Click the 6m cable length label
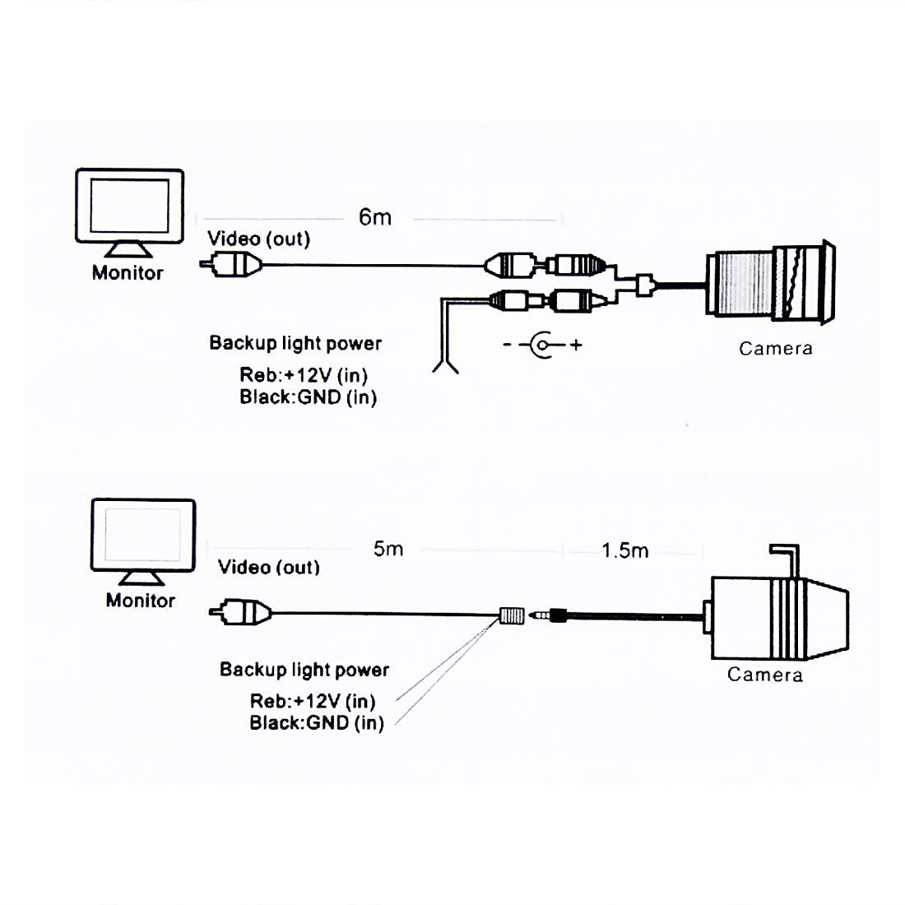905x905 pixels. [374, 217]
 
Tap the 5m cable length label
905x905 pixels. [388, 549]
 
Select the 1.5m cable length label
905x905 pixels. [624, 550]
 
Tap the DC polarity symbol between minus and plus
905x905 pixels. [541, 345]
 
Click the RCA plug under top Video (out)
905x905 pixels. [232, 264]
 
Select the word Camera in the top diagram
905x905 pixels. [775, 348]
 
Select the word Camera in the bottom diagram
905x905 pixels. [764, 675]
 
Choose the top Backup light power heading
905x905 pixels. [295, 343]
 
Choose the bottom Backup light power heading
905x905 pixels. [304, 670]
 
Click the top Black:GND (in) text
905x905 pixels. [308, 397]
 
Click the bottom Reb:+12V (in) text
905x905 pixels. [313, 701]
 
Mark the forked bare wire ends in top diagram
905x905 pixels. [444, 362]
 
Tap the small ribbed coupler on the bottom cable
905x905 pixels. [512, 615]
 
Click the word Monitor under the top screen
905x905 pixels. [128, 273]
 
